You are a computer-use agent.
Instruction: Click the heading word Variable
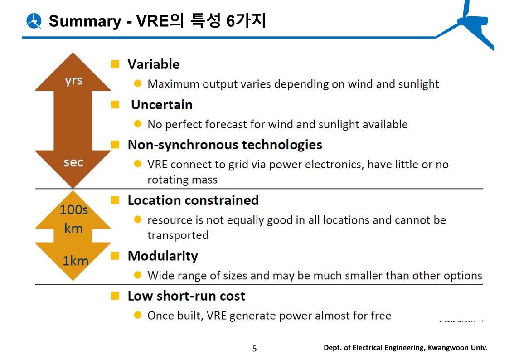click(154, 64)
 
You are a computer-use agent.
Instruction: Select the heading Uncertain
click(162, 105)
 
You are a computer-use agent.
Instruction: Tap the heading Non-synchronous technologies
click(225, 145)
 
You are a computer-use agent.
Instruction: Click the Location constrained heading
click(193, 200)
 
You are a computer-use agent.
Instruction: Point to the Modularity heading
click(163, 256)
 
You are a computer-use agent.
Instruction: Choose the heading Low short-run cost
click(186, 296)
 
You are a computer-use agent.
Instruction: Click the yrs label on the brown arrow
click(73, 80)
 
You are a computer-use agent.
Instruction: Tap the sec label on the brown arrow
click(74, 162)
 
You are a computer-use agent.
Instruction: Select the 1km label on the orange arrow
click(75, 261)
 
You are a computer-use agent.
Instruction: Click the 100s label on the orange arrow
click(74, 210)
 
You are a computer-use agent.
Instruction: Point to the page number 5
click(255, 349)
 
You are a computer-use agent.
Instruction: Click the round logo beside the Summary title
click(33, 20)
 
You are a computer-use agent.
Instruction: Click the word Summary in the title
click(85, 21)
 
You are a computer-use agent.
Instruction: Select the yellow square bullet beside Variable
click(115, 64)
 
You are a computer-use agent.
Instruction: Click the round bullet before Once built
click(138, 315)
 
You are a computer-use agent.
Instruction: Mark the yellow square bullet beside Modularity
click(115, 256)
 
